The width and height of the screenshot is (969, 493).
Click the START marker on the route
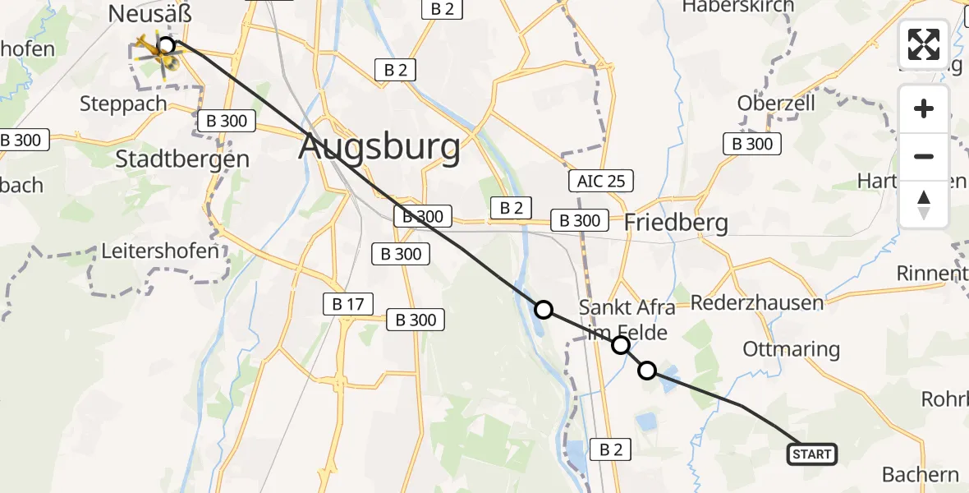[x=812, y=454]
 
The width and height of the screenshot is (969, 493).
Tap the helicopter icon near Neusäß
[x=154, y=52]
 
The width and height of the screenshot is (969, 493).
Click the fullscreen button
[x=924, y=44]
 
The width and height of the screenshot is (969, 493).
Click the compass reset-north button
[x=924, y=205]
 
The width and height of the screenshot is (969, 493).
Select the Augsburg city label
[x=379, y=148]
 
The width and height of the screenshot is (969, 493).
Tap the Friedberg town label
[x=676, y=222]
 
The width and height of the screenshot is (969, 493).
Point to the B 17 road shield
[x=342, y=305]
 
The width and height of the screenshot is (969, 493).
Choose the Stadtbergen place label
[x=182, y=159]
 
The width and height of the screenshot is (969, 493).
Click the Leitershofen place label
[x=160, y=251]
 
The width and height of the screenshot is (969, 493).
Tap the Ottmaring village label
[x=791, y=349]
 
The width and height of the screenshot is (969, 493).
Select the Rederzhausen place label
[x=756, y=302]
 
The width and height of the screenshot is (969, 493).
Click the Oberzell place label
[x=776, y=104]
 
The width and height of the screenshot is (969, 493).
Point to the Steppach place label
[x=123, y=104]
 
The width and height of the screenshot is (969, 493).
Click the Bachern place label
[x=920, y=474]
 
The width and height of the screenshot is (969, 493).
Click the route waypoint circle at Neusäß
[x=166, y=45]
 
